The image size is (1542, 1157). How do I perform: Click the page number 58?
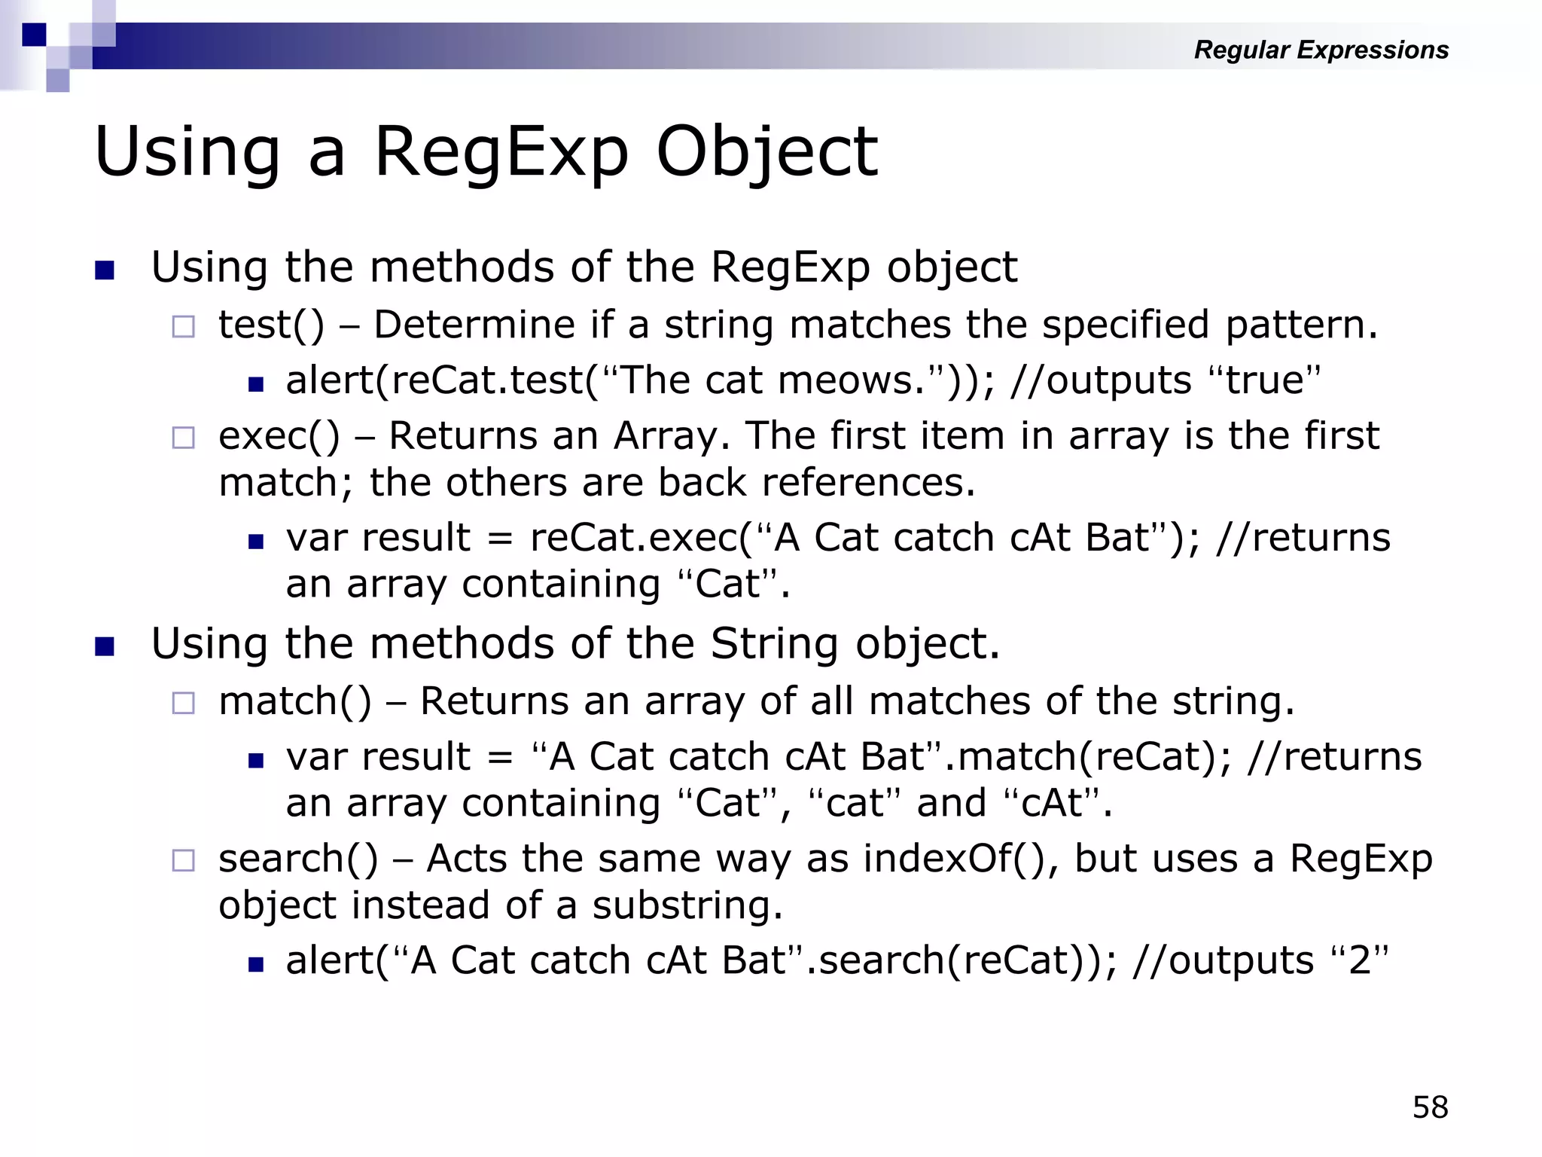coord(1430,1107)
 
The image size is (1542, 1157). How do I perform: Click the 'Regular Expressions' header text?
coord(1321,50)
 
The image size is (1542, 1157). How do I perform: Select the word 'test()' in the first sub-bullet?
coord(271,325)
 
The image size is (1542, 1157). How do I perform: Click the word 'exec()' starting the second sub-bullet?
coord(279,436)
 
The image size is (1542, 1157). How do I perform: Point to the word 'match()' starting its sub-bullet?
coord(295,702)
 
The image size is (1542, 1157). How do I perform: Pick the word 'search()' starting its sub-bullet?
coord(298,859)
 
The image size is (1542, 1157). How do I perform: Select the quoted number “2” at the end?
coord(1360,960)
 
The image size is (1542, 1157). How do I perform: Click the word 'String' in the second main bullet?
coord(774,645)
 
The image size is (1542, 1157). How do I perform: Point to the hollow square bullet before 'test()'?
coord(183,327)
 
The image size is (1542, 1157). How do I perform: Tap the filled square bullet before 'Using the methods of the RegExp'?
coord(105,270)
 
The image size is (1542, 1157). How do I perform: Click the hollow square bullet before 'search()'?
coord(183,860)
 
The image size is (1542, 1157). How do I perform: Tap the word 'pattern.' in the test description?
coord(1301,325)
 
